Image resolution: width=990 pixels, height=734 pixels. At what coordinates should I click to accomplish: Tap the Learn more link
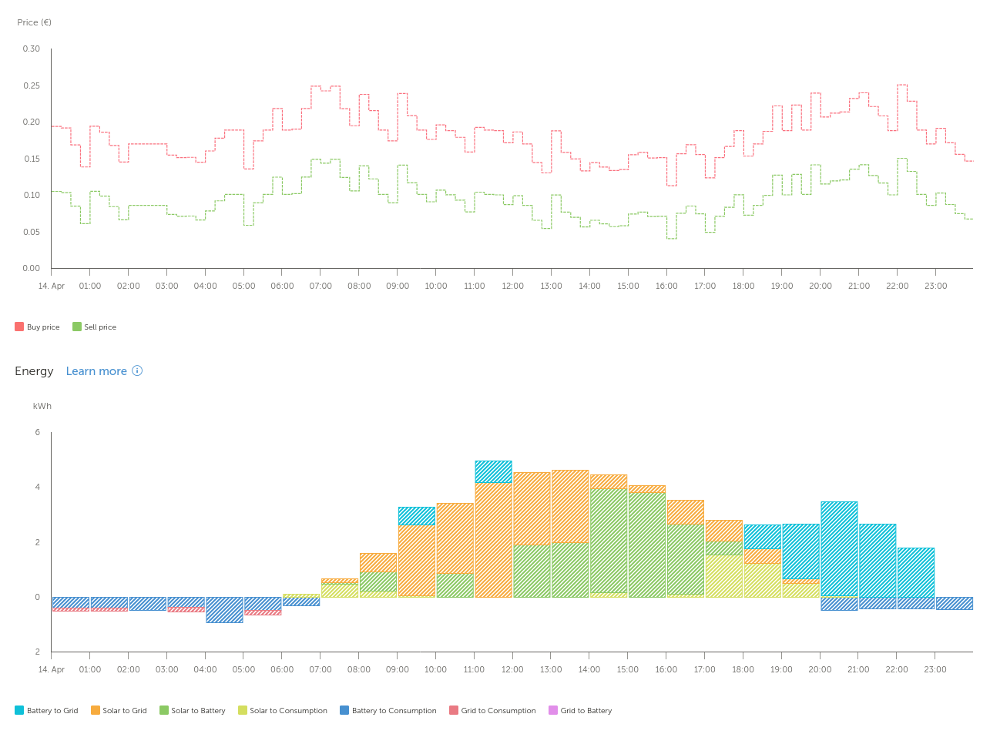pyautogui.click(x=96, y=371)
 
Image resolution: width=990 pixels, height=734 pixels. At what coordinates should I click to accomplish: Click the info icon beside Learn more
pyautogui.click(x=137, y=370)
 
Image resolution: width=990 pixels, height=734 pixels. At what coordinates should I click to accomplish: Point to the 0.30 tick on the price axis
pyautogui.click(x=32, y=49)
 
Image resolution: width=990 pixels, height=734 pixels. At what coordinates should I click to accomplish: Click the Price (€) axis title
pyautogui.click(x=35, y=22)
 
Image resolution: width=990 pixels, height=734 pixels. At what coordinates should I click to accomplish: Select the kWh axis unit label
pyautogui.click(x=42, y=406)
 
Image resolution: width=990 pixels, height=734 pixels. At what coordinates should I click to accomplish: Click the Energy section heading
pyautogui.click(x=34, y=371)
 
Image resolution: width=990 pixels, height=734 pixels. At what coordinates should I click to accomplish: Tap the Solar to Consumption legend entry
pyautogui.click(x=283, y=711)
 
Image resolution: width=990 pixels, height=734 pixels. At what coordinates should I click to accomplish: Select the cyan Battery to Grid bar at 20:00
pyautogui.click(x=839, y=548)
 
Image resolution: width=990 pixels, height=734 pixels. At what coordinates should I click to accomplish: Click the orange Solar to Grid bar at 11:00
pyautogui.click(x=493, y=539)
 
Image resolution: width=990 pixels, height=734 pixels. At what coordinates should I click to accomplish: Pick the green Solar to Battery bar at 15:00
pyautogui.click(x=646, y=545)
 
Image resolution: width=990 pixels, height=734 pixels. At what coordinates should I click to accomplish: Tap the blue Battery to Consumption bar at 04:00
pyautogui.click(x=224, y=609)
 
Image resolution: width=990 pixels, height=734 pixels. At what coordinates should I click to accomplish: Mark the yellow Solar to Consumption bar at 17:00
pyautogui.click(x=723, y=576)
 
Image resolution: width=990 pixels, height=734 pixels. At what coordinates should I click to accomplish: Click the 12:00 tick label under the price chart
pyautogui.click(x=512, y=287)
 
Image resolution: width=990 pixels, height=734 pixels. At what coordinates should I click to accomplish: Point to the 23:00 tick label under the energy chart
pyautogui.click(x=935, y=670)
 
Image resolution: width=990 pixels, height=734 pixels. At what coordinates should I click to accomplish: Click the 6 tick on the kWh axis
pyautogui.click(x=38, y=433)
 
